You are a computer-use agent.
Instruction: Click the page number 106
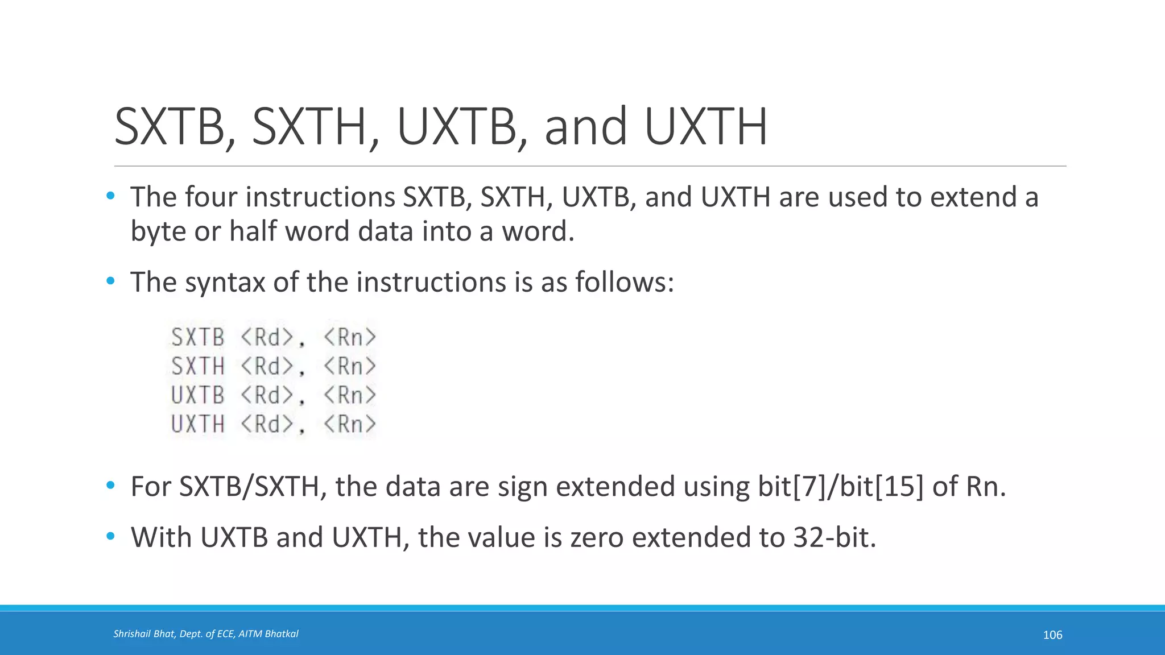click(1052, 635)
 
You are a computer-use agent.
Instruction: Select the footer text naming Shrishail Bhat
click(205, 634)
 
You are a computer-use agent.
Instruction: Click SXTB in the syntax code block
click(198, 337)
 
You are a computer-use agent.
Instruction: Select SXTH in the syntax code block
click(198, 366)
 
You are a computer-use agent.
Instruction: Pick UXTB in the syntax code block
click(198, 395)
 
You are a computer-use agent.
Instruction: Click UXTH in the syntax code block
click(198, 424)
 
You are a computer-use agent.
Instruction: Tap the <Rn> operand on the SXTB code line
click(350, 337)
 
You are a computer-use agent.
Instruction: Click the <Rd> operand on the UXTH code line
click(267, 424)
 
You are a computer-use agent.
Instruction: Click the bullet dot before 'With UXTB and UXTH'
click(110, 536)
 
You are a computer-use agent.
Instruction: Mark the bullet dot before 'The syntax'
click(110, 281)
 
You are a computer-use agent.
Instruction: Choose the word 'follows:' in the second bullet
click(624, 282)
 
